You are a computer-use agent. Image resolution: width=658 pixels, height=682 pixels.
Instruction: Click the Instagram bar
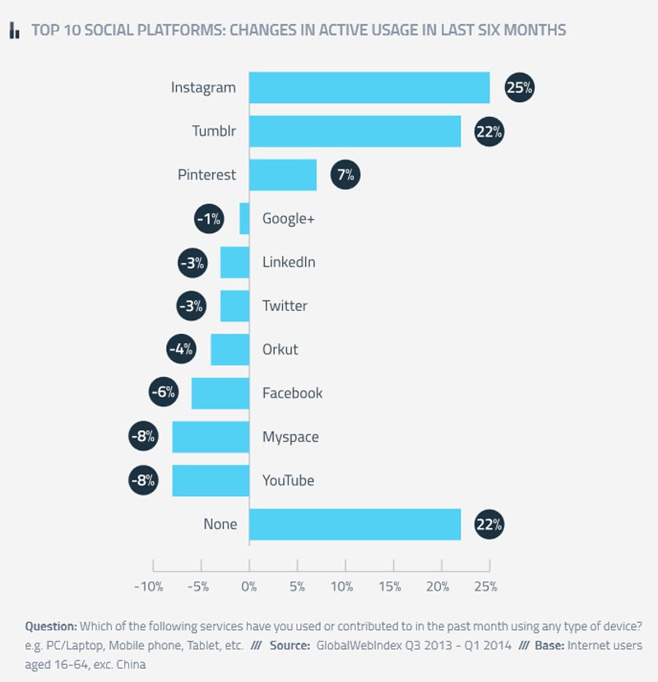coord(369,88)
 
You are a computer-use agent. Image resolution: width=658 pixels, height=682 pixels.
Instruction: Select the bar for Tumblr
coord(354,132)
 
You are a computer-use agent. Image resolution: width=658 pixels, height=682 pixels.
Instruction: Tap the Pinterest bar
coord(283,175)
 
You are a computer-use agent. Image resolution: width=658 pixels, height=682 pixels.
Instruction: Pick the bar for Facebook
coord(220,393)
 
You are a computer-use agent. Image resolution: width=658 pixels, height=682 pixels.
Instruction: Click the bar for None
coord(354,524)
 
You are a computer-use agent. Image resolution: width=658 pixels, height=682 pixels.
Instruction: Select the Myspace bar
coord(211,437)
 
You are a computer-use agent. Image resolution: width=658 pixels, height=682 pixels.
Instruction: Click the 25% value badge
coord(519,88)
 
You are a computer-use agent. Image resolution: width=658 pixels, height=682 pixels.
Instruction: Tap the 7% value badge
coord(345,175)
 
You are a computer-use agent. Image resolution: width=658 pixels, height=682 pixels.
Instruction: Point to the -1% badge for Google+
coord(209,219)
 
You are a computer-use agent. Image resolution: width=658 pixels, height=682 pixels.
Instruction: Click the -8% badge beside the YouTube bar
coord(142,480)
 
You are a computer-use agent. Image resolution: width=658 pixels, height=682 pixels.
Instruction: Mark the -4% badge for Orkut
coord(180,350)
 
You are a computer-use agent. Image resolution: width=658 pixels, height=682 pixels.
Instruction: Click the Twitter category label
coord(285,306)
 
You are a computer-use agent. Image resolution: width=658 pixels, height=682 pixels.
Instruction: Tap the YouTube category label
coord(288,480)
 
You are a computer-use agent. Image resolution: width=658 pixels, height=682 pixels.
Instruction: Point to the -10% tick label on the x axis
coord(149,587)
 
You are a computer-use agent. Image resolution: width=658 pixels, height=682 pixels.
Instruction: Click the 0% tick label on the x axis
coord(248,587)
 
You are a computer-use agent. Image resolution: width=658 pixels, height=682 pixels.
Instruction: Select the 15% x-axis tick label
coord(390,587)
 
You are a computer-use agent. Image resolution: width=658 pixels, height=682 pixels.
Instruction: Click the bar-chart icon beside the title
coord(14,31)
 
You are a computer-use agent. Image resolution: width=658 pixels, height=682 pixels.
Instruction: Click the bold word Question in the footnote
coord(51,625)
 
